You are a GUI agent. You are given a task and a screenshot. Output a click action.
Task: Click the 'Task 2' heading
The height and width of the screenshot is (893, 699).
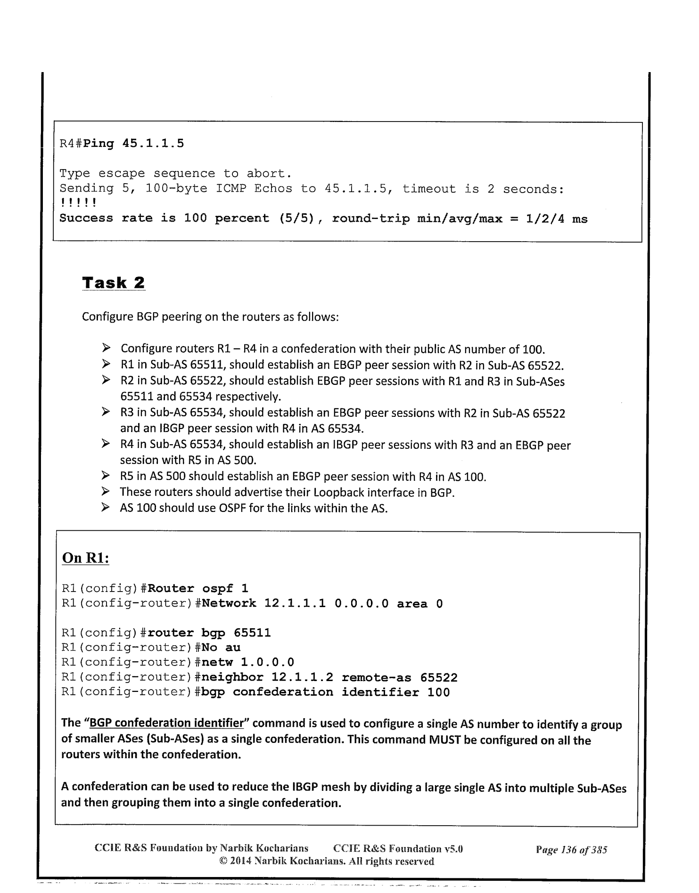113,283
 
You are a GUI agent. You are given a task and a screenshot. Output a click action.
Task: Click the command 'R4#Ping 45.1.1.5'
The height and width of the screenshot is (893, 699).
122,143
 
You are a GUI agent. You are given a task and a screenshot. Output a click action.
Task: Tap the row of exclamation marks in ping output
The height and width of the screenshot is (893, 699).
78,203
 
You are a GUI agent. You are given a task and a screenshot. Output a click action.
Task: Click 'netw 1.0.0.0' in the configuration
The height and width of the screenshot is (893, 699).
247,662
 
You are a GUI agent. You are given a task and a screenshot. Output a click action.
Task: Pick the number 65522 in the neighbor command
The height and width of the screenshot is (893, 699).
439,677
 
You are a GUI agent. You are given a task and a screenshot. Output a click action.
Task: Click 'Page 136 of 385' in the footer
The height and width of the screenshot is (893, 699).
571,850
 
